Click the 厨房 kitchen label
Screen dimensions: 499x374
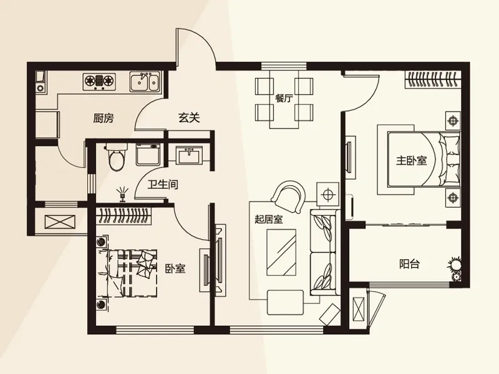click(x=104, y=118)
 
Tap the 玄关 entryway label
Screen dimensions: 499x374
click(x=189, y=118)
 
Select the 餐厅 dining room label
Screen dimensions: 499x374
click(x=284, y=98)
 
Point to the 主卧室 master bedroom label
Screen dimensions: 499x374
click(x=411, y=161)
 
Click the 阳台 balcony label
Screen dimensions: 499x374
click(x=410, y=264)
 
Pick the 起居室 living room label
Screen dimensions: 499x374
click(x=269, y=219)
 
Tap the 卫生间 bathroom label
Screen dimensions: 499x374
click(x=163, y=185)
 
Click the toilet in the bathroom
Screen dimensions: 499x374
click(x=117, y=157)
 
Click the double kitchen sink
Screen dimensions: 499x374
click(x=144, y=82)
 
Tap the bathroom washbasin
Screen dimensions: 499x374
click(x=189, y=155)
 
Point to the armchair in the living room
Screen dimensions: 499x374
click(x=289, y=196)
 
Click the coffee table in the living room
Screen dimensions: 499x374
click(x=281, y=252)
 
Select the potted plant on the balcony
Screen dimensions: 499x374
click(x=455, y=267)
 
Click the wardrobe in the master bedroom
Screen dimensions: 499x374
click(x=432, y=80)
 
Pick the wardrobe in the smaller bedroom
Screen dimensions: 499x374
click(x=124, y=215)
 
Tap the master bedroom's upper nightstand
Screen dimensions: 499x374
click(x=453, y=121)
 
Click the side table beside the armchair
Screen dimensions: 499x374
click(x=327, y=194)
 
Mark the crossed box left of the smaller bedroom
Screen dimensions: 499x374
click(x=60, y=222)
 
